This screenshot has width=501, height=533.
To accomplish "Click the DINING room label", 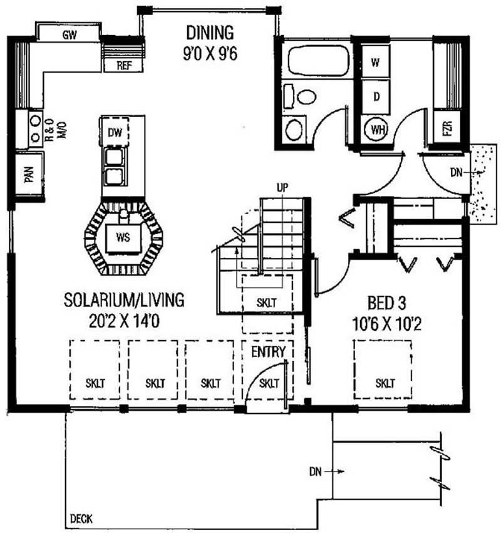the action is click(x=210, y=33).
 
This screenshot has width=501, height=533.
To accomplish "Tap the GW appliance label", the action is click(x=70, y=34).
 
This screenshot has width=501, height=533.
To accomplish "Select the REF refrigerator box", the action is click(x=123, y=65).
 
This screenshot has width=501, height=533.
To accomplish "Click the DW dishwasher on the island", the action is click(x=115, y=132).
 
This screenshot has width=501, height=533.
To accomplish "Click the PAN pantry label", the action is click(x=29, y=174).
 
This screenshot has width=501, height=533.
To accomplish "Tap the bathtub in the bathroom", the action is click(x=319, y=61).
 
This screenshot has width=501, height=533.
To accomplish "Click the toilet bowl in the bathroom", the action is click(x=307, y=97).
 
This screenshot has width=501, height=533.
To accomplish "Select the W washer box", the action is click(x=376, y=61).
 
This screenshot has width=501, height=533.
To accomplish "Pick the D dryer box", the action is click(x=376, y=97).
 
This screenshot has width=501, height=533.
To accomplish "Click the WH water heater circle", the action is click(x=377, y=129).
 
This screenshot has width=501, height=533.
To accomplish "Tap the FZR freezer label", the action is click(x=448, y=128).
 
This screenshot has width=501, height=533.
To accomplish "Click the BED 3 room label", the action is click(x=387, y=303).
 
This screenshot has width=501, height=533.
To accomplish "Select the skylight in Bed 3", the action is click(x=383, y=369).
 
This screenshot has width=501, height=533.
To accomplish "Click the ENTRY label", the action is click(x=268, y=352).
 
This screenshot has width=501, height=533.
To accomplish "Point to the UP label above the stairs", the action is click(x=282, y=187).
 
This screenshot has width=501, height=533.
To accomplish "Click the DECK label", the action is click(x=81, y=519).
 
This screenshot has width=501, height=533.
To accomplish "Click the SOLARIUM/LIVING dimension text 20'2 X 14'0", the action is click(x=124, y=321).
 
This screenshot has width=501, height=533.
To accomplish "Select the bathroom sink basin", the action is click(x=294, y=129).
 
